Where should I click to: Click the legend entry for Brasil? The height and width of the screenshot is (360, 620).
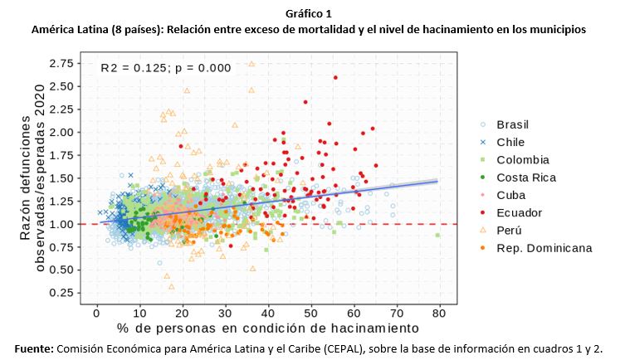pyautogui.click(x=513, y=124)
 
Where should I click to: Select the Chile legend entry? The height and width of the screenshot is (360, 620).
pyautogui.click(x=510, y=142)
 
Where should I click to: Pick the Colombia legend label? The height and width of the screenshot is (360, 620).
pyautogui.click(x=523, y=159)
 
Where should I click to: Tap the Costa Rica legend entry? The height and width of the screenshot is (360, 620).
pyautogui.click(x=526, y=177)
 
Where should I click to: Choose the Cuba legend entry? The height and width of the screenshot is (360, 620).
pyautogui.click(x=510, y=195)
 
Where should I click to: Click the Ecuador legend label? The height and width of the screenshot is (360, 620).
pyautogui.click(x=519, y=212)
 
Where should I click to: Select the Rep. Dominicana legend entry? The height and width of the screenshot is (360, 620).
pyautogui.click(x=544, y=248)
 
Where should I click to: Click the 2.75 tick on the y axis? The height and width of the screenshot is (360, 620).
pyautogui.click(x=59, y=63)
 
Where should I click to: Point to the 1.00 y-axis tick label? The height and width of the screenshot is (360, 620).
pyautogui.click(x=59, y=224)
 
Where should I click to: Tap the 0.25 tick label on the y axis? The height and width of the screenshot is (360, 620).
pyautogui.click(x=59, y=293)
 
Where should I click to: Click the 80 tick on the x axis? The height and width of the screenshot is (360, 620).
pyautogui.click(x=439, y=314)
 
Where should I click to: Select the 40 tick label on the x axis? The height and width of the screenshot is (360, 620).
pyautogui.click(x=268, y=314)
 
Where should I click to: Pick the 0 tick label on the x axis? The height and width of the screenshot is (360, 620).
pyautogui.click(x=97, y=314)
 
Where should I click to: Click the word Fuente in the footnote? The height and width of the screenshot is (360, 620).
pyautogui.click(x=33, y=348)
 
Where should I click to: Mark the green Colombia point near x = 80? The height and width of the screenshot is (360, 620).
pyautogui.click(x=437, y=236)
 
